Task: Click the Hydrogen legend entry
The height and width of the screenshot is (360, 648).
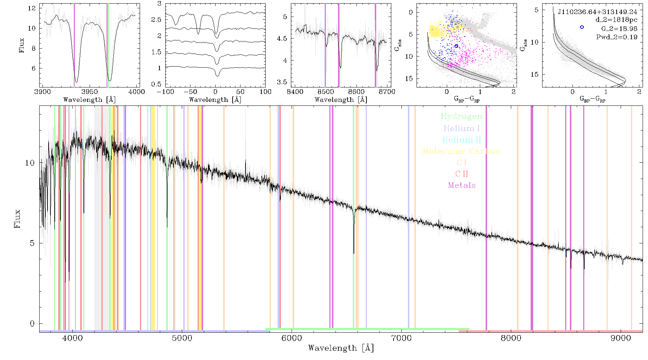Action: (x=461, y=117)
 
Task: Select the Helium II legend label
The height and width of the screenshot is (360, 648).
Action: (x=462, y=140)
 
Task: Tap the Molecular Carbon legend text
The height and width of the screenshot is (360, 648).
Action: (x=462, y=151)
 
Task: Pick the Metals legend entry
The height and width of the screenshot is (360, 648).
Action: (x=462, y=185)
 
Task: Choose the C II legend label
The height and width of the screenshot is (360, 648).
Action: (x=462, y=174)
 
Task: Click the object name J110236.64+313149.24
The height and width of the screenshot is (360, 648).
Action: (x=598, y=12)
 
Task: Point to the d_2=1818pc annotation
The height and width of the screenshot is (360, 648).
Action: (x=616, y=20)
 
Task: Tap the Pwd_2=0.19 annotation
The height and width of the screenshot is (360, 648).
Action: (x=617, y=37)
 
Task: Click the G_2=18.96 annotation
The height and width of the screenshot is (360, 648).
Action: (x=619, y=29)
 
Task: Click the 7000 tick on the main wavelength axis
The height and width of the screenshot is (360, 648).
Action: (x=401, y=338)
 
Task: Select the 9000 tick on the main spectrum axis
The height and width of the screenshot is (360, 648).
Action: (x=621, y=338)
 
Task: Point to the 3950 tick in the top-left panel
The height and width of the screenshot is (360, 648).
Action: (x=89, y=91)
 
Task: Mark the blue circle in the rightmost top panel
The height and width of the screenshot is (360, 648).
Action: (x=582, y=27)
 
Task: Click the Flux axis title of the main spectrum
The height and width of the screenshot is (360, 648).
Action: (x=17, y=219)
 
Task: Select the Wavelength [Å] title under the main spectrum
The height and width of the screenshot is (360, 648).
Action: (x=341, y=348)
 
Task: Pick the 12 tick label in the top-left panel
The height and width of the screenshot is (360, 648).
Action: (x=32, y=8)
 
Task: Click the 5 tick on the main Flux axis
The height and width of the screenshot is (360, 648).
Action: (x=32, y=243)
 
